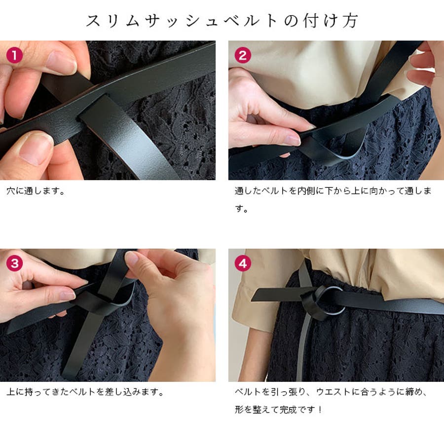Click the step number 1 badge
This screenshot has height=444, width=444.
(x=15, y=55)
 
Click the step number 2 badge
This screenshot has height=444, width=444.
(x=242, y=55)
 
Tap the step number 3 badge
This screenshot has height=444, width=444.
(x=15, y=263)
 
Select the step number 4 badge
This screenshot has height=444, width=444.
(x=242, y=263)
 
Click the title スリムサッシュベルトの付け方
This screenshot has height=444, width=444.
(x=222, y=21)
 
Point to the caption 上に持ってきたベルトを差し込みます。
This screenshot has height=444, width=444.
(x=85, y=393)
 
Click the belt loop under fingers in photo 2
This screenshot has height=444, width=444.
(x=340, y=148)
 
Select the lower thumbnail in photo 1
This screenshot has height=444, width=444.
(x=35, y=148)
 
